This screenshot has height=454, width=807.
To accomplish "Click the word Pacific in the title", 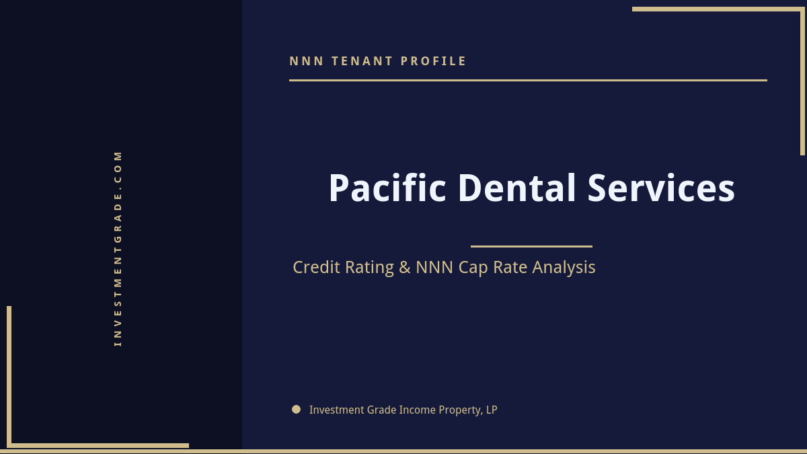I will pos(387,188).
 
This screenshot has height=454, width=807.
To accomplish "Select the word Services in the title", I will pos(661,188).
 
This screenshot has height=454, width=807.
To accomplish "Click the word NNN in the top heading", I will pos(307,61).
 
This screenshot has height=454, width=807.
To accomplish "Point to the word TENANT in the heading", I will pos(362,61).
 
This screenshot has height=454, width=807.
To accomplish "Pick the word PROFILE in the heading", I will pos(434,61).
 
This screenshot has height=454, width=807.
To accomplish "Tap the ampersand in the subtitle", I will pos(404,268).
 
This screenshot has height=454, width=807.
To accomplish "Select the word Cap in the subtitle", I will pos(473,268).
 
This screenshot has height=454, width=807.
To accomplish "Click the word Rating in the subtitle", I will pos(369,268).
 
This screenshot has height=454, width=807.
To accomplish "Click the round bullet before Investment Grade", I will pos(296,409).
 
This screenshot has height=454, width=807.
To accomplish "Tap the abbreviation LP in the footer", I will pos(492,410).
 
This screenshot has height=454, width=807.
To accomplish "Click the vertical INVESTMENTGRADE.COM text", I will pos(118,248).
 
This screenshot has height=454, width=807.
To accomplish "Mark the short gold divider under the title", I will pos(531,246).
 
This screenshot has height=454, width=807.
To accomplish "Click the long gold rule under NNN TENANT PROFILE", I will pos(528,80).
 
